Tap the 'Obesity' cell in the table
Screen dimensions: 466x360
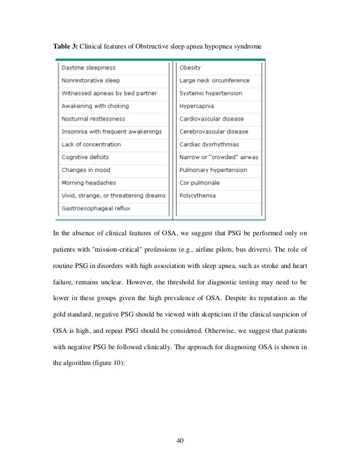[x=190, y=68]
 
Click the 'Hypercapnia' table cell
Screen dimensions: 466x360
[x=197, y=106]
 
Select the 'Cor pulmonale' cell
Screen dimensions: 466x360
[x=199, y=183]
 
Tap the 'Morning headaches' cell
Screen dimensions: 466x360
[x=89, y=183]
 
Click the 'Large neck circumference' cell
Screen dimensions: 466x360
[x=214, y=81]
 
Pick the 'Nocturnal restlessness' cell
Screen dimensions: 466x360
[x=93, y=119]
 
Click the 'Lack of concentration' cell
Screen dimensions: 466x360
[x=91, y=144]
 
